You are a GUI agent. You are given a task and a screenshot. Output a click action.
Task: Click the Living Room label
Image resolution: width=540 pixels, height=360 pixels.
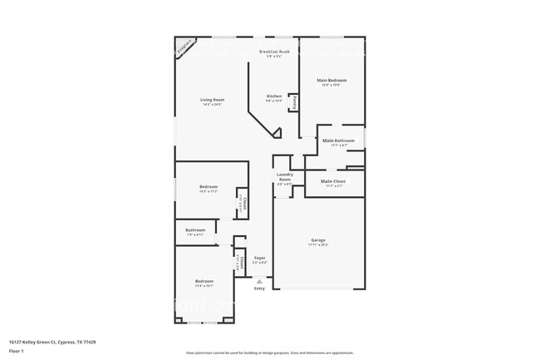point(212,100)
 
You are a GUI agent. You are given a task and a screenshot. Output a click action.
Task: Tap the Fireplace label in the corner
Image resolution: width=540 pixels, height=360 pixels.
point(184,47)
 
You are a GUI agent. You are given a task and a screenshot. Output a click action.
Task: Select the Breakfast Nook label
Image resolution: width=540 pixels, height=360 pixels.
point(274,52)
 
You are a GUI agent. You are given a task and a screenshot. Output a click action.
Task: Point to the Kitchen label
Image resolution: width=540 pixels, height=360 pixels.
point(274,96)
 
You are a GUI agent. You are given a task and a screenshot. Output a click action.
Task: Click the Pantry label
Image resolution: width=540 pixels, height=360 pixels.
point(295,105)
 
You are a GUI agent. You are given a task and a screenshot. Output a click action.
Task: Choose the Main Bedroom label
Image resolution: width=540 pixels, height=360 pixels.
point(331,81)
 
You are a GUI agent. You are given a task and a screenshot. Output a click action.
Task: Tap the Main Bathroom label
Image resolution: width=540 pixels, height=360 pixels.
point(338,141)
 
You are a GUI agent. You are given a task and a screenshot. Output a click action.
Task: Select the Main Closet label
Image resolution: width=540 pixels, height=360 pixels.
point(332,181)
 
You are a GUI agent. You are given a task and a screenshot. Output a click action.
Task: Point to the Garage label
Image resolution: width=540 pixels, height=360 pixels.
point(318,240)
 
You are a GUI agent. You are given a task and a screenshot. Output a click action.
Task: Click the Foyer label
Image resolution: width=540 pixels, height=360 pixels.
point(260,259)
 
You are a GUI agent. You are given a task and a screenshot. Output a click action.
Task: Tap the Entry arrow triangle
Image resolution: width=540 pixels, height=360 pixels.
point(259,281)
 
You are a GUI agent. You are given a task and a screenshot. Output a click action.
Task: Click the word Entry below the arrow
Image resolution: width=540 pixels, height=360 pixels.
point(259,288)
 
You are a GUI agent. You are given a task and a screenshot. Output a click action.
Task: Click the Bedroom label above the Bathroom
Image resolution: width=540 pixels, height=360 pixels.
point(209,187)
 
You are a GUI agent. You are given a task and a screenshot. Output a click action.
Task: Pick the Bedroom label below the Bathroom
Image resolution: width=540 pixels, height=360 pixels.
point(204,281)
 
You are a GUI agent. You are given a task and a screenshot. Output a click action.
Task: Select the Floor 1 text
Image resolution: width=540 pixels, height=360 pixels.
point(17,351)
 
